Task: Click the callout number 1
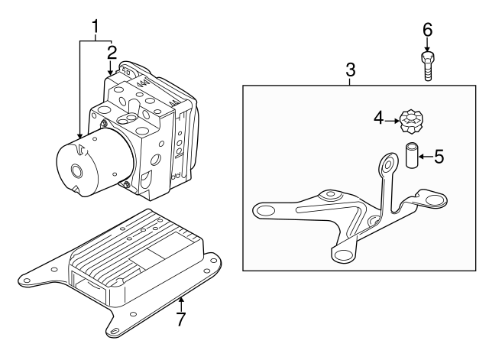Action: click(96, 28)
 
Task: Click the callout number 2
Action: click(112, 53)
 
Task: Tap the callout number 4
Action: click(377, 118)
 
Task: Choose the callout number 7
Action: click(180, 319)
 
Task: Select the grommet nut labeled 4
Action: click(412, 121)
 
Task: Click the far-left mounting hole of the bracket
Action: click(263, 209)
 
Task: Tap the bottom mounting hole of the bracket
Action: click(342, 255)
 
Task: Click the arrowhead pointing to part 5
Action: click(422, 157)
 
